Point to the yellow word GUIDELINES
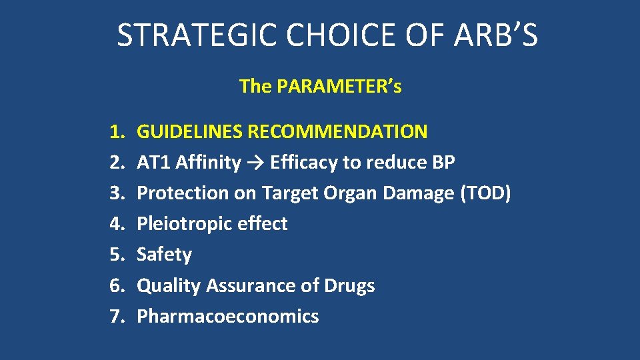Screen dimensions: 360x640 (x=190, y=131)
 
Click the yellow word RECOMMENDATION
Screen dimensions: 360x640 (x=337, y=131)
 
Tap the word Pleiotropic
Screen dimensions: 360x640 (x=183, y=223)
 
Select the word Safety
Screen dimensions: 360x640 (x=164, y=254)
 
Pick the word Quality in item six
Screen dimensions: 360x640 (x=169, y=285)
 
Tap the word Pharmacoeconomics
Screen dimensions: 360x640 (x=227, y=316)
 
